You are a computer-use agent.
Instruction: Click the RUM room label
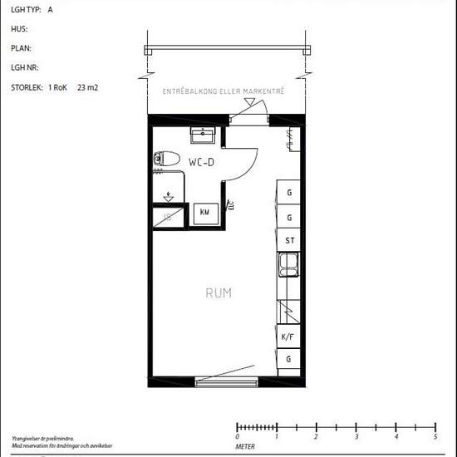pyautogui.click(x=219, y=293)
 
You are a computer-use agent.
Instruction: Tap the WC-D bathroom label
pyautogui.click(x=202, y=161)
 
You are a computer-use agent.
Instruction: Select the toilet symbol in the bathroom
pyautogui.click(x=167, y=158)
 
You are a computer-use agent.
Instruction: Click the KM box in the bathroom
pyautogui.click(x=204, y=213)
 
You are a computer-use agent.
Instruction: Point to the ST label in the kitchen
pyautogui.click(x=289, y=241)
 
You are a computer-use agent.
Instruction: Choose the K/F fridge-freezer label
pyautogui.click(x=288, y=337)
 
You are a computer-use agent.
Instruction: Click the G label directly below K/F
pyautogui.click(x=289, y=359)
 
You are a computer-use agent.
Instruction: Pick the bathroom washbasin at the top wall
pyautogui.click(x=202, y=135)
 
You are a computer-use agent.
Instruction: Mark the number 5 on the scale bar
pyautogui.click(x=435, y=436)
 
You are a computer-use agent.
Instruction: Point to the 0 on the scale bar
pyautogui.click(x=238, y=436)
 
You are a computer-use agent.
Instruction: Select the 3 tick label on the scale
pyautogui.click(x=356, y=436)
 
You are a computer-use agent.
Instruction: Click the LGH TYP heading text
pyautogui.click(x=26, y=10)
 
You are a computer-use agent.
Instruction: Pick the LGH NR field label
pyautogui.click(x=25, y=67)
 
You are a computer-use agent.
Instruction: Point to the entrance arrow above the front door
pyautogui.click(x=248, y=101)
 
